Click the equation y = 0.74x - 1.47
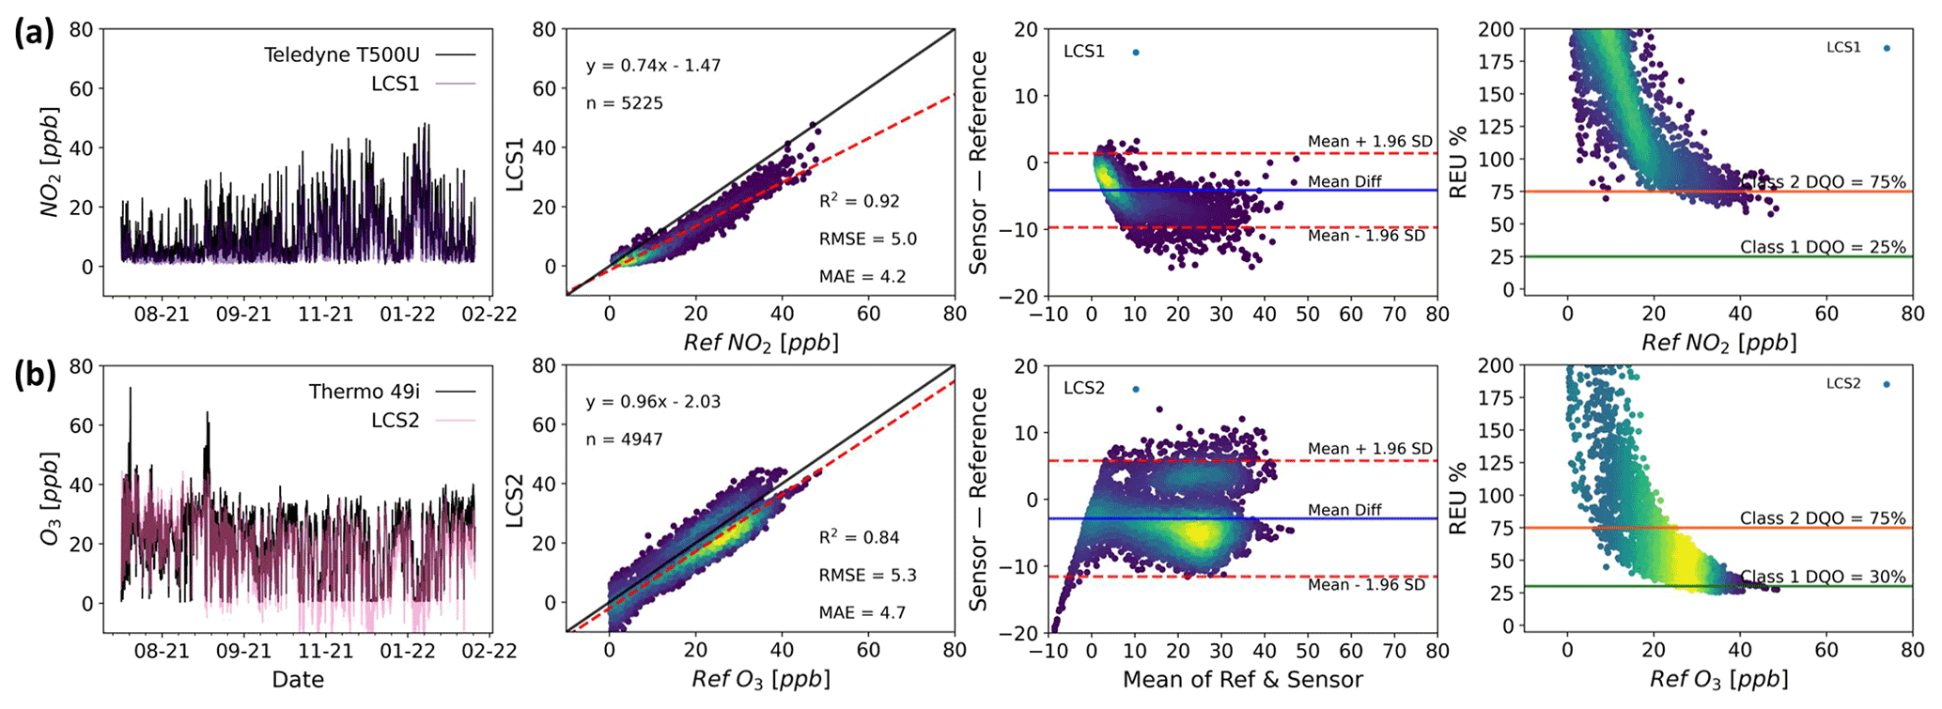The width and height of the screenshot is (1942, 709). (x=653, y=66)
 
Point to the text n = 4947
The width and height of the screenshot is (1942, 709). (x=625, y=439)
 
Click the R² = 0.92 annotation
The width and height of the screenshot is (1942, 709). (x=859, y=201)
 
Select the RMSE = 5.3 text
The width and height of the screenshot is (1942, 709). (x=867, y=575)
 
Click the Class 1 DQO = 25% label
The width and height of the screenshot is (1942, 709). (x=1823, y=247)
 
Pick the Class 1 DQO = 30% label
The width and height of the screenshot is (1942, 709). (x=1823, y=577)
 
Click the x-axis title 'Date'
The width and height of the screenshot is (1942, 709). (x=298, y=679)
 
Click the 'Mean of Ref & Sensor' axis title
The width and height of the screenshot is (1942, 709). (x=1242, y=679)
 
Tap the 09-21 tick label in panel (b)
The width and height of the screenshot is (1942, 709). (x=243, y=651)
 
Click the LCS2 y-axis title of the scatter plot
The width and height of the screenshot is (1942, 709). (x=515, y=499)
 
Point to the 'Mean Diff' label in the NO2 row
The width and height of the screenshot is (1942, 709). (x=1344, y=181)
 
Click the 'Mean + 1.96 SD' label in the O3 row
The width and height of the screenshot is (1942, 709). (x=1370, y=449)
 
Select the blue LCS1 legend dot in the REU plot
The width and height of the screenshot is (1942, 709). (x=1887, y=48)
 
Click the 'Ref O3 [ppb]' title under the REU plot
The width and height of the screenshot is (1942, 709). (x=1718, y=679)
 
